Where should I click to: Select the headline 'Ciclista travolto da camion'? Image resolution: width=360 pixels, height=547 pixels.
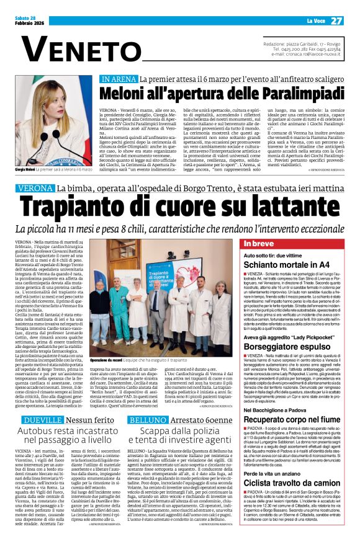(292, 483)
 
